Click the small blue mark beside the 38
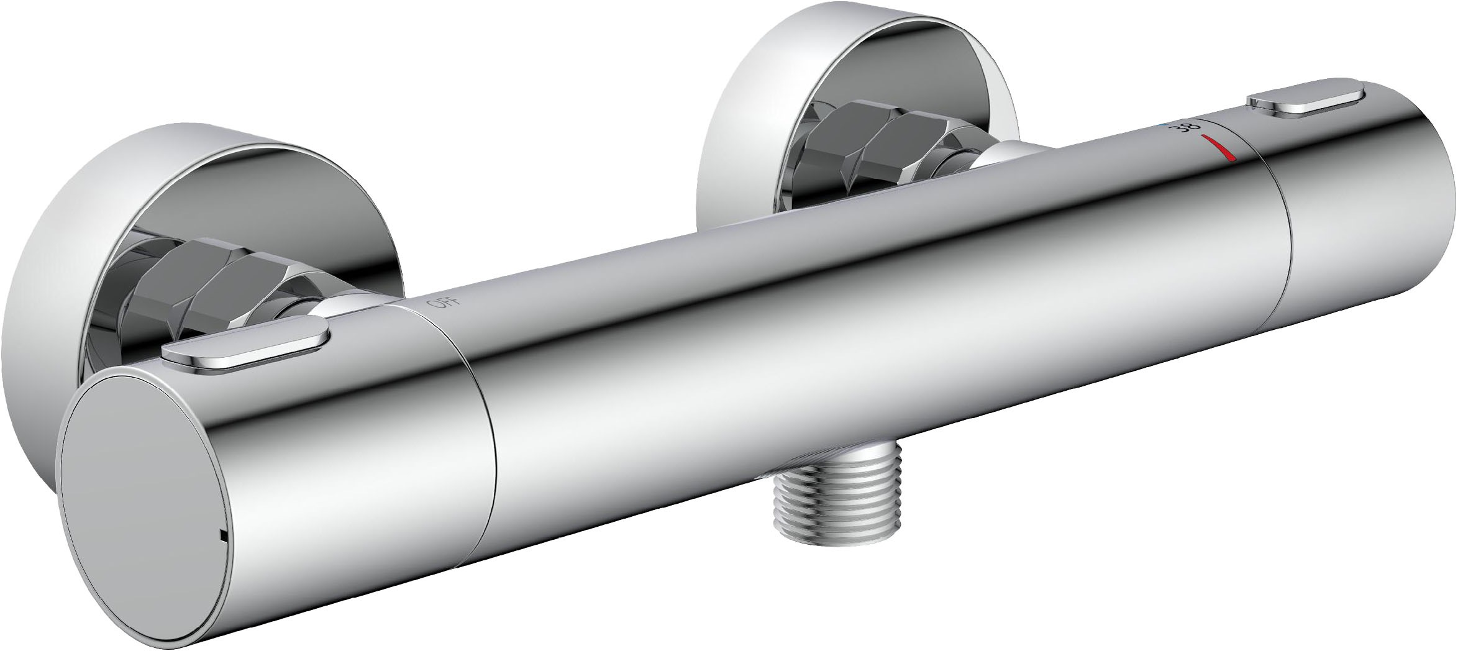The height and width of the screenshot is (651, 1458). [x=1164, y=124]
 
